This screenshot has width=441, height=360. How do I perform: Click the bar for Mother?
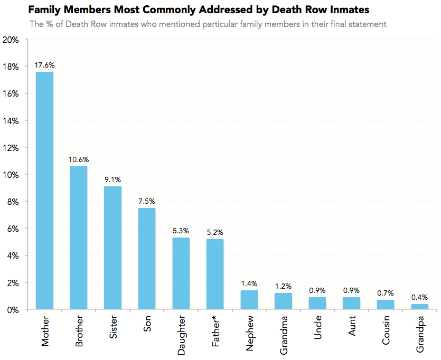[x=44, y=190]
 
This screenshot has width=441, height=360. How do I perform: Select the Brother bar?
[x=79, y=238]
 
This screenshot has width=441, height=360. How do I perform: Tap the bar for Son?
[x=147, y=258]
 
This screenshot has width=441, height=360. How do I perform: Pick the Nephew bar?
[x=249, y=299]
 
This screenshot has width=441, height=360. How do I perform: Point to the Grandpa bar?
[x=419, y=306]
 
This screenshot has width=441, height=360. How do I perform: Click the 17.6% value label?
[x=44, y=65]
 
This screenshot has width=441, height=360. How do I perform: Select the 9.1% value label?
[x=112, y=179]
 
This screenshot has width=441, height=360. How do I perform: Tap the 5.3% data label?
[x=181, y=231]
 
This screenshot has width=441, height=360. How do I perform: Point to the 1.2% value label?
[x=283, y=286]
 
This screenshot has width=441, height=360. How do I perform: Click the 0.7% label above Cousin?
[x=385, y=293]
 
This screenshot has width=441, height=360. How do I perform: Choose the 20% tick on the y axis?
[x=11, y=40]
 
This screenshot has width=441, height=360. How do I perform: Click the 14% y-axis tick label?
[x=11, y=121]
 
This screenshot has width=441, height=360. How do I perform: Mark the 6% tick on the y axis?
[x=13, y=229]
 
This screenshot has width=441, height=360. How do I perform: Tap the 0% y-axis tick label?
[x=13, y=309]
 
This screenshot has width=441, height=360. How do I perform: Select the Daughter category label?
[x=181, y=336]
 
